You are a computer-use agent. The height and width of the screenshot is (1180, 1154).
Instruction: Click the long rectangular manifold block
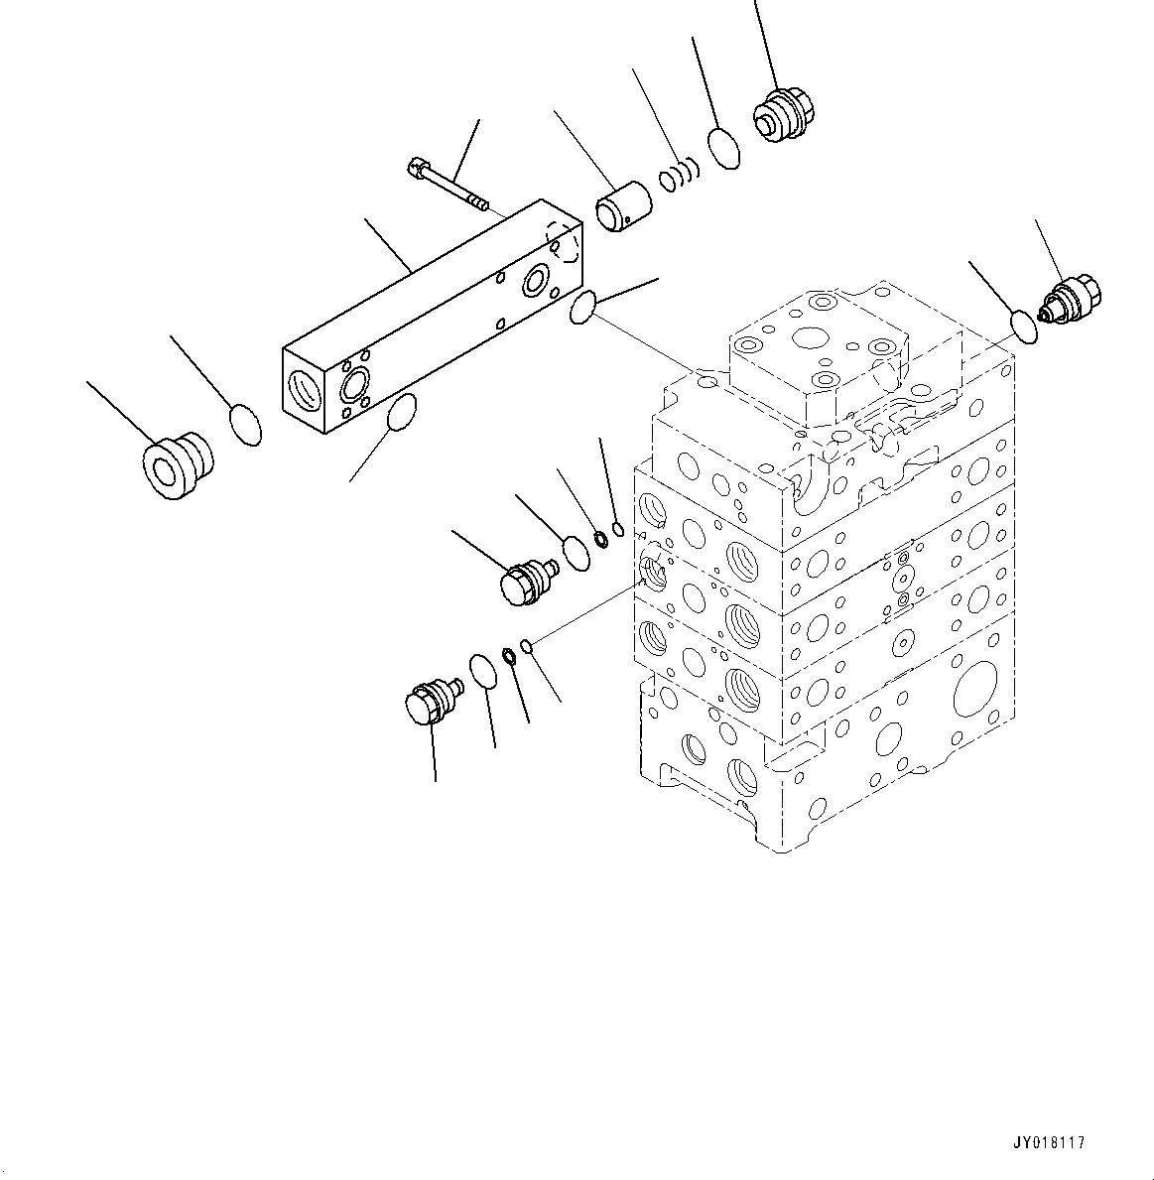(x=427, y=318)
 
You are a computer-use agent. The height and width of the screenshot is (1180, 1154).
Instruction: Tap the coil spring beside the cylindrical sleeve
(x=680, y=175)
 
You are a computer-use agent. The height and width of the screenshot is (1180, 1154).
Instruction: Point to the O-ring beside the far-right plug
(x=1024, y=326)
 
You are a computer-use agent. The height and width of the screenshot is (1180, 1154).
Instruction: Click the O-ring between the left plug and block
(x=245, y=425)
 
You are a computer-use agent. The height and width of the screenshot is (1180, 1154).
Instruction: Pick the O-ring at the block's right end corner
(x=582, y=308)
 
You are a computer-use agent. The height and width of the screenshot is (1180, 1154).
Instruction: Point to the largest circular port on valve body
(x=973, y=689)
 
